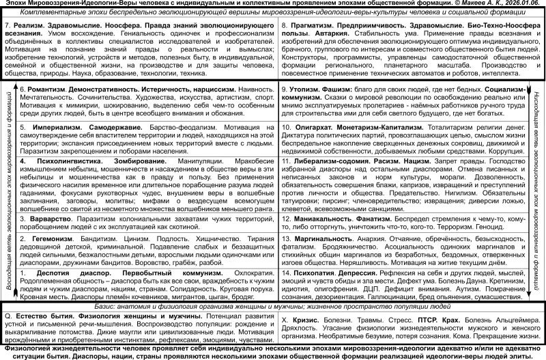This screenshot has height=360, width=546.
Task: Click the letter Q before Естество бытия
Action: (x=8, y=317)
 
